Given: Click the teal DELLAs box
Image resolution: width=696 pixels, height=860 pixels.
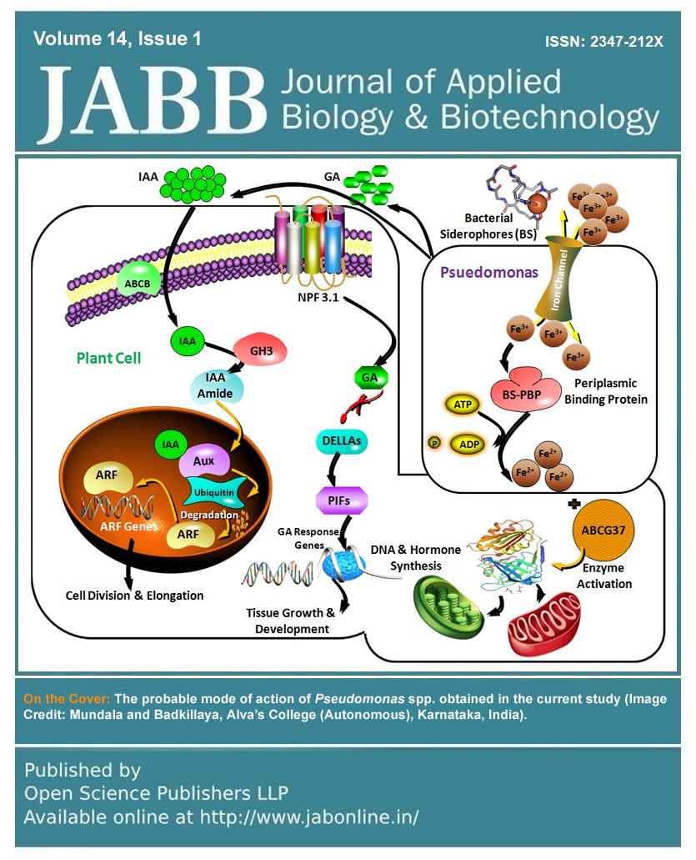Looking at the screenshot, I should (x=343, y=440).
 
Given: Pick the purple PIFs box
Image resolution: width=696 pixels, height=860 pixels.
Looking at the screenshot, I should (x=341, y=500).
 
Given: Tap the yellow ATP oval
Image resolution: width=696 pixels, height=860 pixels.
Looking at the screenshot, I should (x=463, y=405).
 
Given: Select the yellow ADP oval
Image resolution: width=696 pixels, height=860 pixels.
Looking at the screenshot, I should (x=469, y=444).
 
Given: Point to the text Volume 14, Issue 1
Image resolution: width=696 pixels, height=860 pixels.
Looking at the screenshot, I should (x=118, y=38).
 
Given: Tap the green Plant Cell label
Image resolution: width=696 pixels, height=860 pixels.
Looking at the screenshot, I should (x=108, y=358).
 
